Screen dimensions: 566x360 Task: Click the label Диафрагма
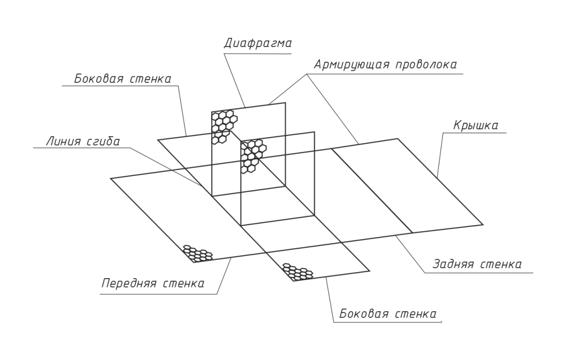click(258, 44)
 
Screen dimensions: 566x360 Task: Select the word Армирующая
click(351, 65)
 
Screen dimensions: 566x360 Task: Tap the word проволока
click(426, 65)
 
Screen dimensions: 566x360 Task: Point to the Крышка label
click(475, 126)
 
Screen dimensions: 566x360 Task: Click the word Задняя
click(453, 264)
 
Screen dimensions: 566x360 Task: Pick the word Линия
click(63, 142)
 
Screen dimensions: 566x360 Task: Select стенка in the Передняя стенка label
click(184, 284)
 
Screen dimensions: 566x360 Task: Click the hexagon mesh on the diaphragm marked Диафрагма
click(224, 127)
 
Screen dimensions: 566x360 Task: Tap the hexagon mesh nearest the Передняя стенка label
click(197, 253)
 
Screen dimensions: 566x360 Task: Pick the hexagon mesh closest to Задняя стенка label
click(298, 272)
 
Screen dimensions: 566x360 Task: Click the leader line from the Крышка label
click(440, 154)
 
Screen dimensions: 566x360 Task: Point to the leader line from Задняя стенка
click(411, 254)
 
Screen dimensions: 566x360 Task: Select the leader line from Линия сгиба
click(166, 167)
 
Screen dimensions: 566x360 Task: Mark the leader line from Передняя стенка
click(224, 276)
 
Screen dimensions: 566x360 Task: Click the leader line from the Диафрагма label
click(234, 81)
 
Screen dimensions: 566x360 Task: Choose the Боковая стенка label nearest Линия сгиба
click(123, 79)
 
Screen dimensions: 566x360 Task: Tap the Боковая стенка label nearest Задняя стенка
click(388, 314)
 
